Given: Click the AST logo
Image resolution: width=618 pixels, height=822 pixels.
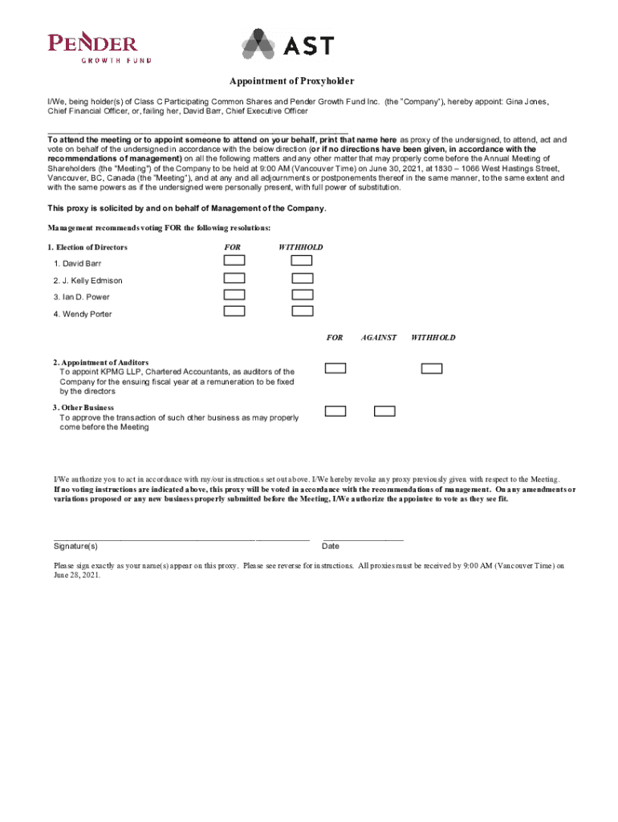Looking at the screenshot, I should coord(287,45).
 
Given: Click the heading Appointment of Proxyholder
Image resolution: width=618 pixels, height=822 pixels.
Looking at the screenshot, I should coord(291,82).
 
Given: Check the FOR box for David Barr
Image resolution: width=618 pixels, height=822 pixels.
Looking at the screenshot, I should coord(234,261).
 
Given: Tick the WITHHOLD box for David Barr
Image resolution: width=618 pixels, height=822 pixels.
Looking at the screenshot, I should coord(303,261).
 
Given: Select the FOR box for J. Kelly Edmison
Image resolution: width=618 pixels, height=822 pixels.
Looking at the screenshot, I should coord(234,278).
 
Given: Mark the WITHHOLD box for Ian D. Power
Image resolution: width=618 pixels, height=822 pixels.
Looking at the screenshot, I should coord(303,295).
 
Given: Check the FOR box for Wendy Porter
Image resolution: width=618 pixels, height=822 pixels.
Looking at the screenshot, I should coord(234,311).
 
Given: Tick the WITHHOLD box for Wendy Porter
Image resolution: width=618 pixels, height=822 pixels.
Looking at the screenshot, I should coord(303,311).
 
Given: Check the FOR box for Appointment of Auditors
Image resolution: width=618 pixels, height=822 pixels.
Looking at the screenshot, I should coord(335,368).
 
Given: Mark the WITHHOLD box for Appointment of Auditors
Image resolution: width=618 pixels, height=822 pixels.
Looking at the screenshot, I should coord(432,368).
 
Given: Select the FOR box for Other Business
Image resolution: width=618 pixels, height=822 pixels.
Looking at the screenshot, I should coord(335,411).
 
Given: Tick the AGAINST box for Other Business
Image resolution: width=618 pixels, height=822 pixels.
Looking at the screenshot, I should coord(384,411).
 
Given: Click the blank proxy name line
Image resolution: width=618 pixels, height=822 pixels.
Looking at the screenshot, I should coord(197,132).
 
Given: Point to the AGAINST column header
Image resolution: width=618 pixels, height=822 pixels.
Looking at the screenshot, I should coord(379,338).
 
